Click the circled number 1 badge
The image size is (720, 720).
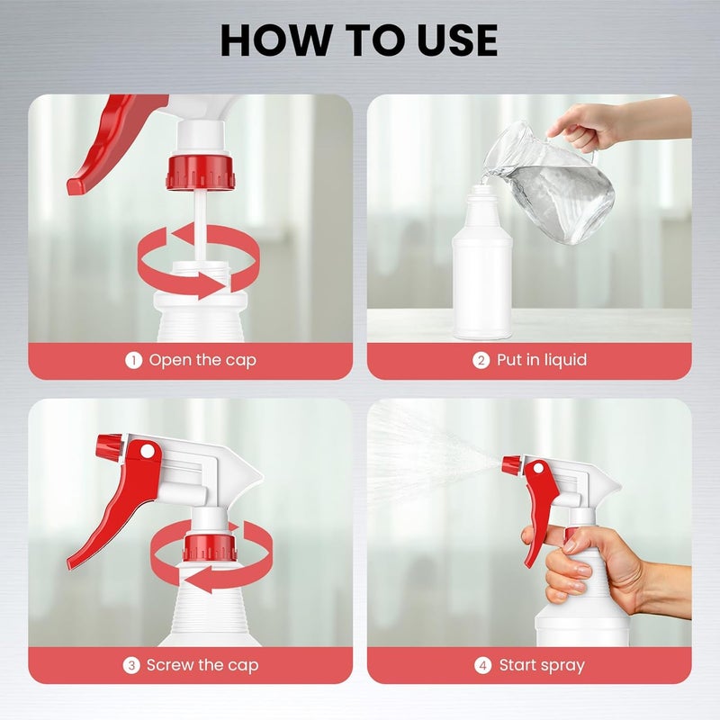(133, 361)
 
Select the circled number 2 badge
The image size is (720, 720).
(481, 361)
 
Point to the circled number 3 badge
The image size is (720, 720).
(131, 665)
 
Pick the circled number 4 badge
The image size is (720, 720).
(482, 665)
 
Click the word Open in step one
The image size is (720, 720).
(170, 361)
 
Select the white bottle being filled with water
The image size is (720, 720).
(482, 262)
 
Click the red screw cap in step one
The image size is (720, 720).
(201, 173)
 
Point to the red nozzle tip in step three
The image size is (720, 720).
(108, 445)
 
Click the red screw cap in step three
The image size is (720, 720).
(211, 547)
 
